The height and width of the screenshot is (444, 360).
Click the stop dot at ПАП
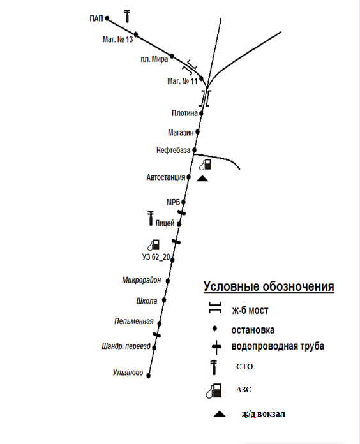pos(107,18)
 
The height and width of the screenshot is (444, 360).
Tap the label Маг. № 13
pos(117,40)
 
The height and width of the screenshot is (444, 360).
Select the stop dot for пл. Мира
pos(172,56)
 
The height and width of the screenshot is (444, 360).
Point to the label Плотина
pos(184,113)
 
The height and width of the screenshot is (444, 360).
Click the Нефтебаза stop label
pos(174,150)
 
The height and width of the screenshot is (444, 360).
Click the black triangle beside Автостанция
pos(202,179)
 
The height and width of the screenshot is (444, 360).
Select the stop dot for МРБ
pos(183,202)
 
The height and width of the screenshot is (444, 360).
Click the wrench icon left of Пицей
pos(150,218)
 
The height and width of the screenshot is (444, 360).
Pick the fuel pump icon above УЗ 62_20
pos(154,245)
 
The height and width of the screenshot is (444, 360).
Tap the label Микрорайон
pos(142,280)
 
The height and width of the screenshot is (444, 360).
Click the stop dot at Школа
pos(164,300)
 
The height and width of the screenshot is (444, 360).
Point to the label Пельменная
pos(133,321)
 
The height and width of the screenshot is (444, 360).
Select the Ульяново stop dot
pos(149,376)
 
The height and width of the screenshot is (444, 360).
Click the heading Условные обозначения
pos(269,286)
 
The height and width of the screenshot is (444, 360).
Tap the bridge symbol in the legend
pos(215,307)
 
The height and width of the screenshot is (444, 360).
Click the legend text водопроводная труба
pos(278,346)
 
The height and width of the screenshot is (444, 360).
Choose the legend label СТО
pos(244,366)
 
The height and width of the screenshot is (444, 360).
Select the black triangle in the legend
pos(220,414)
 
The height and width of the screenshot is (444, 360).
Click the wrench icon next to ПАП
pos(128,16)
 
